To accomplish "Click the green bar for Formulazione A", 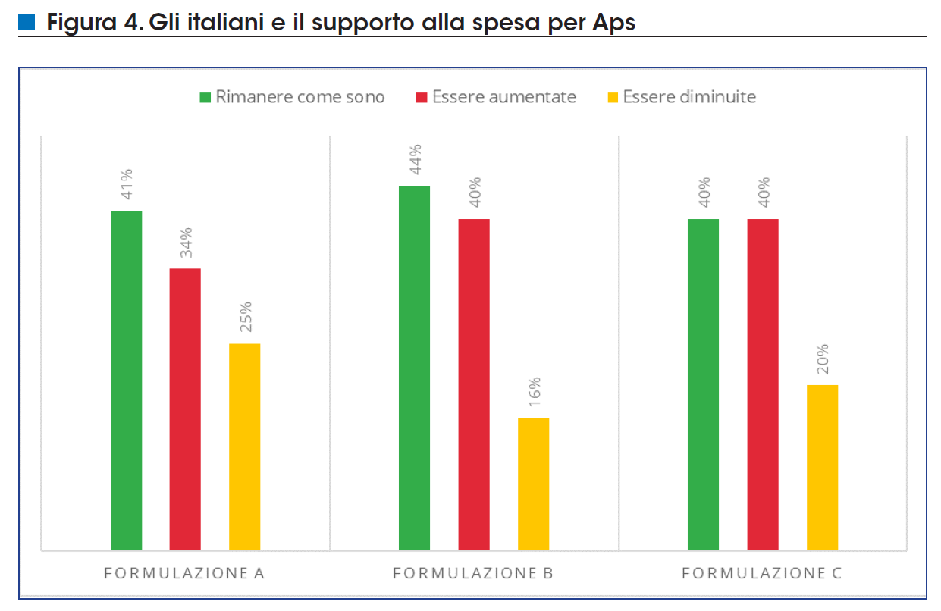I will [126, 380].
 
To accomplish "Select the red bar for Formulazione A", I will [185, 409].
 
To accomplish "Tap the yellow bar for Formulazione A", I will [244, 446].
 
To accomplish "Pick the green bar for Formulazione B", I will [414, 368].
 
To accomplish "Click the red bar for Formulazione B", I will [474, 384].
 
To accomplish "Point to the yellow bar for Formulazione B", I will [533, 484].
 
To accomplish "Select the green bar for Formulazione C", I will [703, 384].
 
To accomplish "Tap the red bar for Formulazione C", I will [763, 384].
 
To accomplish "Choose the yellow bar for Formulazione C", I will [822, 467].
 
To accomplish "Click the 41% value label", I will [126, 183].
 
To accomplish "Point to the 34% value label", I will [186, 242].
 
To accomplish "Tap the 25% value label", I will [245, 317].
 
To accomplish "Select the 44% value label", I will [415, 158].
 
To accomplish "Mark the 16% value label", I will [534, 391].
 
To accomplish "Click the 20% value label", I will [823, 359].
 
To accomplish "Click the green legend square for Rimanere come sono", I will [205, 97].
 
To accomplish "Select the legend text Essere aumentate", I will [503, 97].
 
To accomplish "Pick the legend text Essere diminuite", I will [688, 97].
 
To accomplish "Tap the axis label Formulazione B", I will [472, 573].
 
